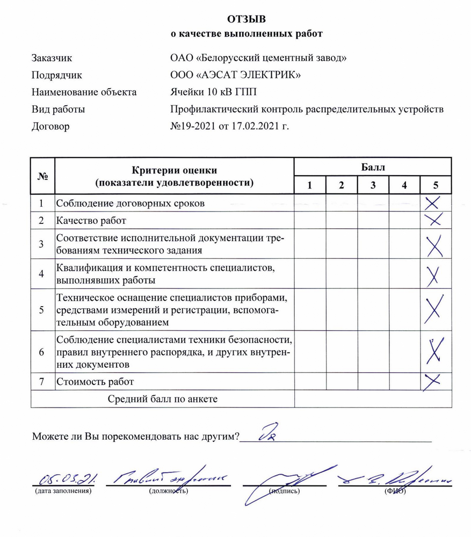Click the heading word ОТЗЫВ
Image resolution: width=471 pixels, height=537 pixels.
tap(246, 20)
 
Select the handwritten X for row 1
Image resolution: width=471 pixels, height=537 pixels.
tap(433, 203)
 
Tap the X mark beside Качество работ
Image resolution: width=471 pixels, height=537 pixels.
tap(433, 219)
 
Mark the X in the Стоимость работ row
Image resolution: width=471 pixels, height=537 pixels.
tap(433, 381)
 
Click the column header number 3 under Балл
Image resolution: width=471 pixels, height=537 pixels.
tap(373, 185)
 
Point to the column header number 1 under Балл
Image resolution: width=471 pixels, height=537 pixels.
tap(309, 185)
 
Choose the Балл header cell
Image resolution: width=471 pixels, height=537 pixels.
tap(373, 167)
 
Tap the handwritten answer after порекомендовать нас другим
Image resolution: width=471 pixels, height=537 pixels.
tap(267, 432)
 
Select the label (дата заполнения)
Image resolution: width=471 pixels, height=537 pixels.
tap(63, 491)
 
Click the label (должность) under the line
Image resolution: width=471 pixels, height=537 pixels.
tap(168, 491)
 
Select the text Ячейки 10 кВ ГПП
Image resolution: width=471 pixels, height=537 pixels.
tap(213, 92)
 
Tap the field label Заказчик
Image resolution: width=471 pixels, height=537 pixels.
tap(52, 57)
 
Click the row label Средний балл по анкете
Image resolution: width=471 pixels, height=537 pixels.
tap(163, 398)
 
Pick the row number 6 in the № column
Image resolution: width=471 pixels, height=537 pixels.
tap(42, 352)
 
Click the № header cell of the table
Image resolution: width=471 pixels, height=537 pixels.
tap(42, 176)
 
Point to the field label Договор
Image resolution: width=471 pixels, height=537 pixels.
tap(50, 127)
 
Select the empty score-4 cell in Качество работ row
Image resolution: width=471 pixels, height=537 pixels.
tap(404, 219)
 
